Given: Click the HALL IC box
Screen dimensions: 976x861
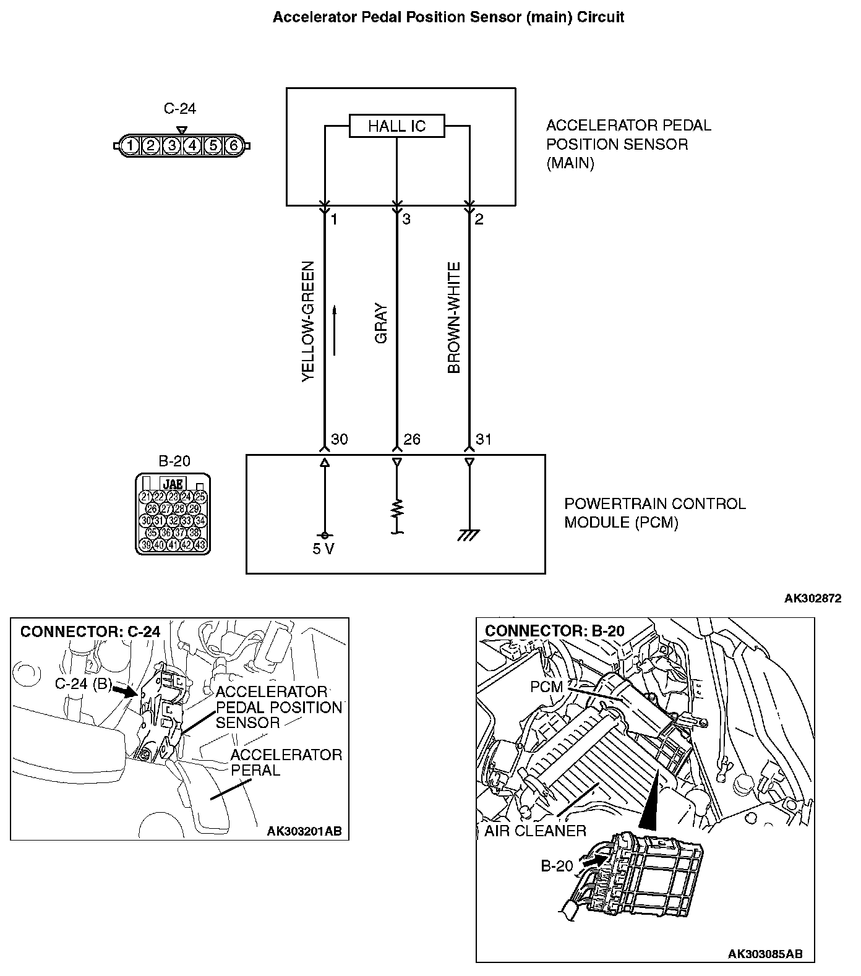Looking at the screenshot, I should coord(396,126).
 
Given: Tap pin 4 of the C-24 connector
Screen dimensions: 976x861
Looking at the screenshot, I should coord(192,146).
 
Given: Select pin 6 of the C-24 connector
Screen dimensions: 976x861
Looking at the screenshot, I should coord(233,146).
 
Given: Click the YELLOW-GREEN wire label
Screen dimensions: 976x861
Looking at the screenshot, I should coord(308,321).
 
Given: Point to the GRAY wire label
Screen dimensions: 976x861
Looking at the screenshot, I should coord(381,323).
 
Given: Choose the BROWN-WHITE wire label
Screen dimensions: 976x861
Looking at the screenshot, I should coord(454,318).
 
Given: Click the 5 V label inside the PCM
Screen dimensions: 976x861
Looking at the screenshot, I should coord(323,549).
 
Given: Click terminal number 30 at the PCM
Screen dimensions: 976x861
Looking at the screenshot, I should coord(339,440).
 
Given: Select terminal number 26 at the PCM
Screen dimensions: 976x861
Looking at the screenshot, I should coord(411,440).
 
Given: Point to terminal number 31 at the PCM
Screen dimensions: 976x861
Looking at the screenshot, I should coord(484,440).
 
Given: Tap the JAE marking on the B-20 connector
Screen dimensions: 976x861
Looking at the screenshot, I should coord(172,484).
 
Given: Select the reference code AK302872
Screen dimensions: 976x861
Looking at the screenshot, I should coord(812,599).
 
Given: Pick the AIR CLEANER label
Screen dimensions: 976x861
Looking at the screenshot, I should coord(535,831).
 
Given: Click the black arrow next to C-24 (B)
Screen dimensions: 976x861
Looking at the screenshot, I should coord(127,691).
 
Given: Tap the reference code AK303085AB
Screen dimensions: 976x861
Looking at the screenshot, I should coord(765,954).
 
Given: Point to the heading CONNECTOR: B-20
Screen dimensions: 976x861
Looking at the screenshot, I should coord(555,631).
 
